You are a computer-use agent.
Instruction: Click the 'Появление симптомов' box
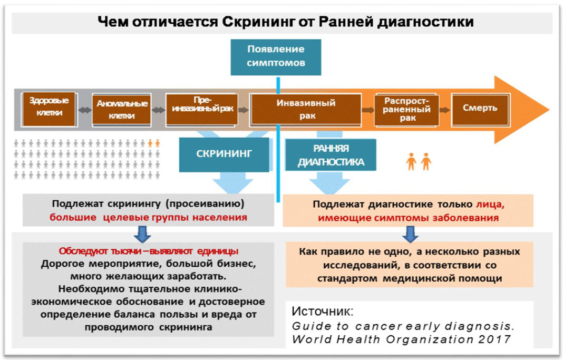[276, 57]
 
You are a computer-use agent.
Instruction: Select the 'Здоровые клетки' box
[49, 109]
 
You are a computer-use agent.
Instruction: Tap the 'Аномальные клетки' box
[121, 110]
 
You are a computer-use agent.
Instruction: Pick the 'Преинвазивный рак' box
[202, 110]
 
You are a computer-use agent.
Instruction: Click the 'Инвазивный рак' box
[306, 110]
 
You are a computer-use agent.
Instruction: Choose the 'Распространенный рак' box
[406, 110]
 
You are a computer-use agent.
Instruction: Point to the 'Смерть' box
[480, 110]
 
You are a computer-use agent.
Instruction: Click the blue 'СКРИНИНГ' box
[225, 154]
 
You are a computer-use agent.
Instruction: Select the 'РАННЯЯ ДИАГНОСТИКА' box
[331, 155]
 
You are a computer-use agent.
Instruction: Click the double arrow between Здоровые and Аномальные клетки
[85, 110]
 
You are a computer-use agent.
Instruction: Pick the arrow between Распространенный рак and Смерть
[445, 110]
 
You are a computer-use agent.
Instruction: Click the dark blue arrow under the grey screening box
[142, 234]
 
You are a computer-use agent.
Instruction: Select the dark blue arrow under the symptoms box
[410, 234]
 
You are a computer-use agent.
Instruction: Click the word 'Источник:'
[323, 311]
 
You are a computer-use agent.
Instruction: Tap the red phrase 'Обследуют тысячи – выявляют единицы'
[149, 251]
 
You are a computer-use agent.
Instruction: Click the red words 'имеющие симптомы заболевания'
[408, 218]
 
